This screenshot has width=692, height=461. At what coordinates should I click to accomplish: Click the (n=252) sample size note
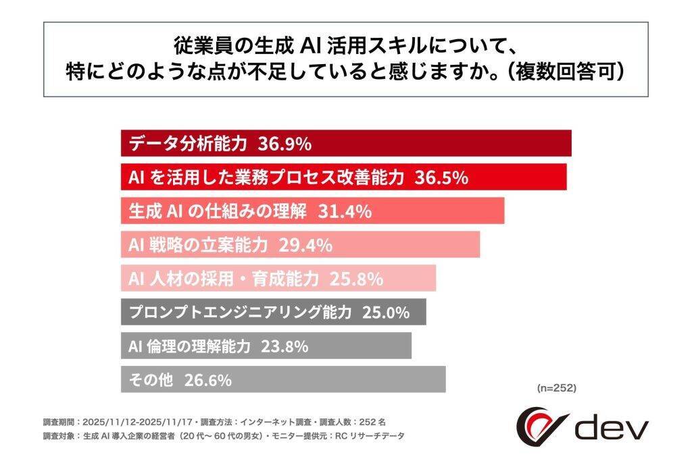pyautogui.click(x=556, y=388)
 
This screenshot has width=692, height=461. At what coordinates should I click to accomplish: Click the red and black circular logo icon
pyautogui.click(x=538, y=426)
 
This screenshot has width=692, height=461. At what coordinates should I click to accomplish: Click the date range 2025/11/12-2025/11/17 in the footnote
pyautogui.click(x=135, y=421)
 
